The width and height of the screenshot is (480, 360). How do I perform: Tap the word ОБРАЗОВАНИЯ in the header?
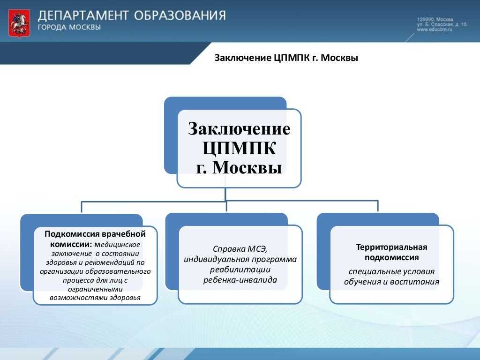[180, 16]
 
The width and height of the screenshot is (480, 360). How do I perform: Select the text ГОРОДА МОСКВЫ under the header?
[69, 28]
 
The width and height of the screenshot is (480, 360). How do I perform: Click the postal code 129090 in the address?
[425, 19]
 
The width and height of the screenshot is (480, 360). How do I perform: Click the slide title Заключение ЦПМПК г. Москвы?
[286, 59]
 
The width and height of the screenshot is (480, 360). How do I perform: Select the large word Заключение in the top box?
[239, 128]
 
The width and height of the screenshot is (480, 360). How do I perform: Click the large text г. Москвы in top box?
[239, 167]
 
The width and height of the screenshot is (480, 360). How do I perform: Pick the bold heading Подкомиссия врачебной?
[95, 234]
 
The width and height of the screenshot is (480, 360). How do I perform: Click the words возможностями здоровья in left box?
[95, 298]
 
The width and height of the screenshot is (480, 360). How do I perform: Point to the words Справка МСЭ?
[240, 249]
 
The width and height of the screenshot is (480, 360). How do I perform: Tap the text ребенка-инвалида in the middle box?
[240, 280]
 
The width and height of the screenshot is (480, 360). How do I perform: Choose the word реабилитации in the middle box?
[240, 270]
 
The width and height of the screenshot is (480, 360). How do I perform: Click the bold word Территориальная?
[391, 247]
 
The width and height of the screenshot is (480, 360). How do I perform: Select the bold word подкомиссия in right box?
[391, 257]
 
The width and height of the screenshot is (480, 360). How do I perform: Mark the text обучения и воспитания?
[391, 282]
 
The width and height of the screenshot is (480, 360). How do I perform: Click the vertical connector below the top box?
[225, 195]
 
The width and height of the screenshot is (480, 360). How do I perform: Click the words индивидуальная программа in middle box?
[240, 260]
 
